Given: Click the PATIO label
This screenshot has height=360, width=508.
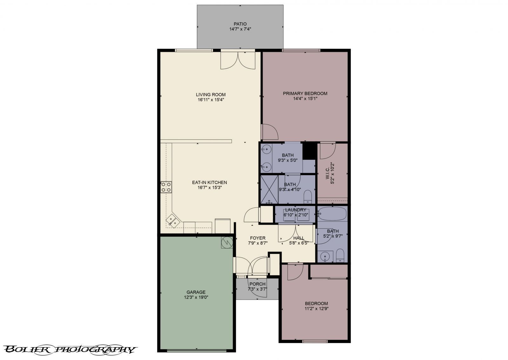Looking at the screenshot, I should coord(240,24).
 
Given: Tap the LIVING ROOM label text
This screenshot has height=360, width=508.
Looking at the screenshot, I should coord(211,94).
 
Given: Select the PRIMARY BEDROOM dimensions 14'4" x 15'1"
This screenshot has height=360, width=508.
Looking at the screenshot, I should coord(305,98).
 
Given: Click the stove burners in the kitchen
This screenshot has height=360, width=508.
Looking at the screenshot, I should coord(166,187).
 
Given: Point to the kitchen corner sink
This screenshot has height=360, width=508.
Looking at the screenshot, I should coord(172,220).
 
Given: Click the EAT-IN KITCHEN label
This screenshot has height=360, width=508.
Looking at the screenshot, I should coord(209,182).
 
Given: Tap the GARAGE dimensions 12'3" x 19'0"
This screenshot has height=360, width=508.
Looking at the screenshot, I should coord(196,297).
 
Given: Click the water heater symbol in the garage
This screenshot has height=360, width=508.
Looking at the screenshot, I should coord(227,243).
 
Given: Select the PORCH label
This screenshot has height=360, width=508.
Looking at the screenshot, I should coord(257,284).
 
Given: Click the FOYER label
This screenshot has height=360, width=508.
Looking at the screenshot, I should coord(257,238).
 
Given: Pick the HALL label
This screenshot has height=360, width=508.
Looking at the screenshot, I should coord(299,238).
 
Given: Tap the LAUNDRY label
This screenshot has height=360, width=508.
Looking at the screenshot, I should coord(295,210).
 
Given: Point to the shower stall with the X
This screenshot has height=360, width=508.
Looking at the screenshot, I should coord(269,189).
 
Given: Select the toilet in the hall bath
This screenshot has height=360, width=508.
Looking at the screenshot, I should coord(340,255).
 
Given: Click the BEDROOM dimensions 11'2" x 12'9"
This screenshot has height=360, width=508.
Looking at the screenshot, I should coord(316,308).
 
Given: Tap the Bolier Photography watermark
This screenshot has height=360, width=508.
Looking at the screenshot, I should coord(70,350).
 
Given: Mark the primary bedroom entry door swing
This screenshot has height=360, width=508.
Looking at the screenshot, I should coord(269,132).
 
